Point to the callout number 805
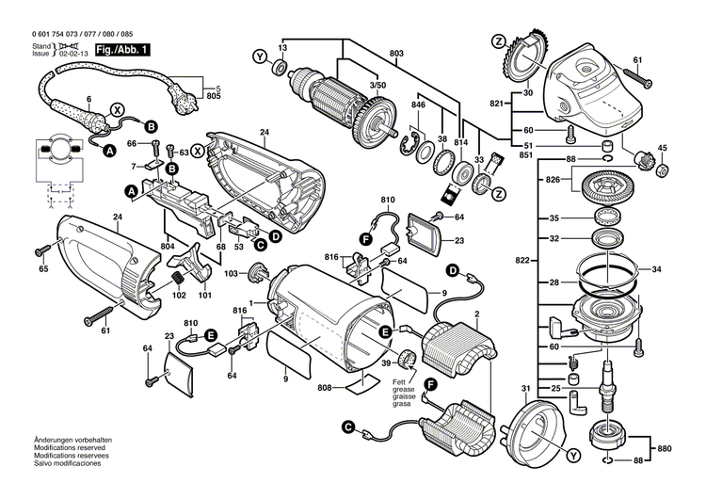click(x=214, y=97)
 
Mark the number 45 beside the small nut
click(x=662, y=148)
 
